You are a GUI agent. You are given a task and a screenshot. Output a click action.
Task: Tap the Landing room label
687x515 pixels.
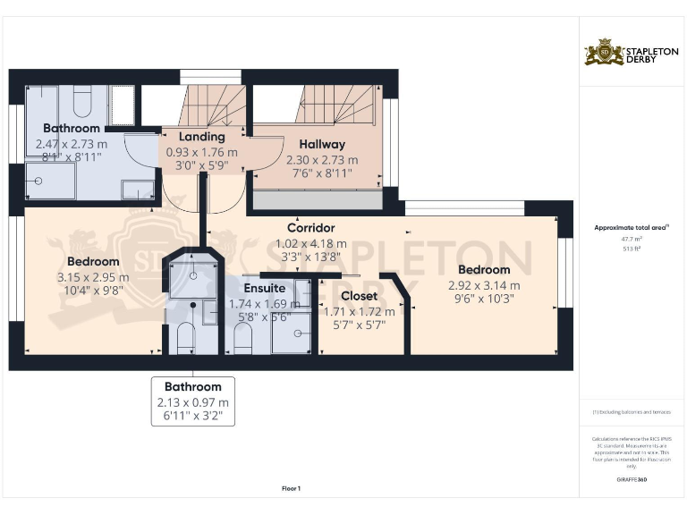201,137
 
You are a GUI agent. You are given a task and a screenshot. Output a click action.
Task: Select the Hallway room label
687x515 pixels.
322,144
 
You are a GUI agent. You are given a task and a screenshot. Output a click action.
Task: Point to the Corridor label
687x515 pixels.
310,228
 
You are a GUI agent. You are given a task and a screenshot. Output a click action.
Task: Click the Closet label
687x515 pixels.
359,295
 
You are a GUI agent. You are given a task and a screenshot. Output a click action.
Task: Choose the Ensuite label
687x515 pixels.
265,288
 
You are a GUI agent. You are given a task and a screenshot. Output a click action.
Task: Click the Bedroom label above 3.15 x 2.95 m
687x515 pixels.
93,262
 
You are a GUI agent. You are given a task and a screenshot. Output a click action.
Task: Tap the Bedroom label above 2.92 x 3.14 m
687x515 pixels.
483,269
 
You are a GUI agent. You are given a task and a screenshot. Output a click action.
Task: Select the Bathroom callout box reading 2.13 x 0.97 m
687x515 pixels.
192,401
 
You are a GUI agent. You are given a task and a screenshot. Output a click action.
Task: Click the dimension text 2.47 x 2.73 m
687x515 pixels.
72,143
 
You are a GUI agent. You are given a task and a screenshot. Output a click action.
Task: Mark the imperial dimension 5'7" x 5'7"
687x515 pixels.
359,325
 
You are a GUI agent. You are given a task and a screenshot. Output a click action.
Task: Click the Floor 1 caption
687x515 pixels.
291,488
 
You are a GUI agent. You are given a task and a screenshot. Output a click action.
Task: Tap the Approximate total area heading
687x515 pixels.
631,228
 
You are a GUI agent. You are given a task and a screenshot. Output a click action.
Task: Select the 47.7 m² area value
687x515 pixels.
631,240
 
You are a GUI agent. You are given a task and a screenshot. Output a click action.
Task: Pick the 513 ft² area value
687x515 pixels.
631,249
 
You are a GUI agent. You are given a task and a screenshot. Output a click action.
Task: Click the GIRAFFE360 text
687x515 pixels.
631,480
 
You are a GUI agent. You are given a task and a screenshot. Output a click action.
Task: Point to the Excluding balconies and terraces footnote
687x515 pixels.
631,412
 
